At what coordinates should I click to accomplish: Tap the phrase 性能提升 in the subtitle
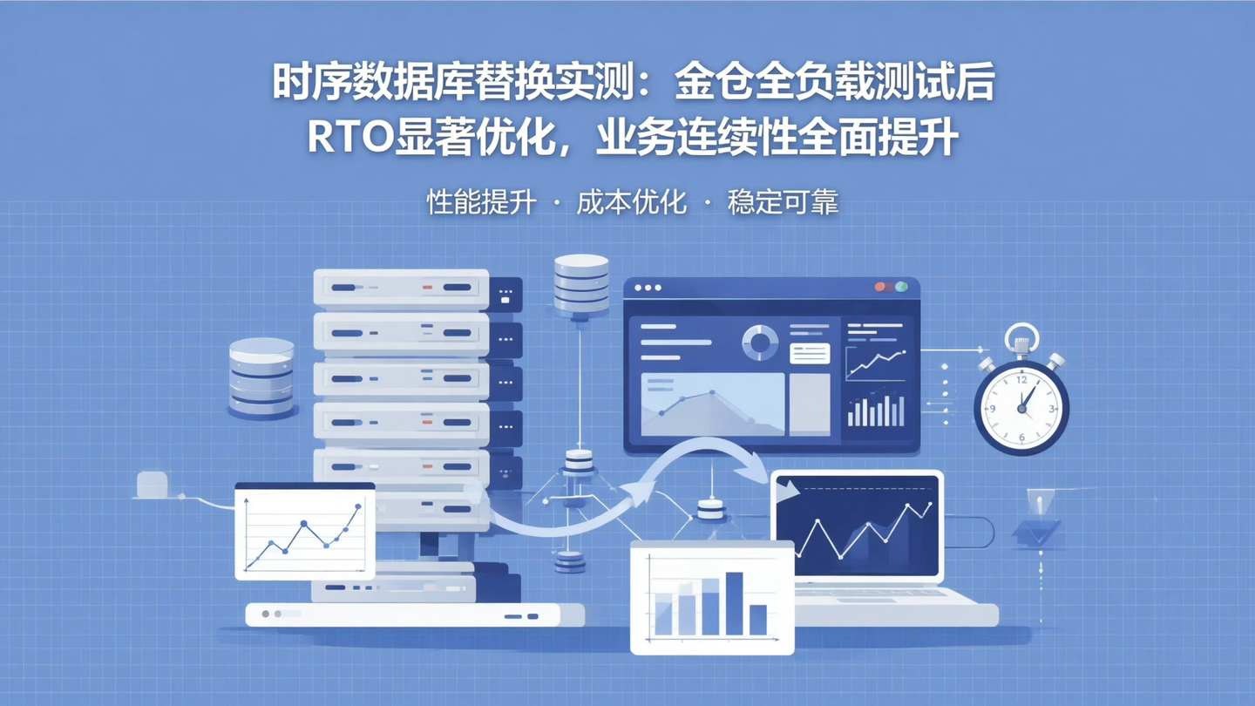(x=480, y=203)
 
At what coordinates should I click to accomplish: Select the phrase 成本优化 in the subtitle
(x=631, y=203)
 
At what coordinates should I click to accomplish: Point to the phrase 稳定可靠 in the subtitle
(x=783, y=203)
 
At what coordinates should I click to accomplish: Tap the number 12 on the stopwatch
(x=1021, y=381)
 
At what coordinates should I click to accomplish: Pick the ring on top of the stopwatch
(x=1021, y=336)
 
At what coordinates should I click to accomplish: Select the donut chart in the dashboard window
(x=760, y=343)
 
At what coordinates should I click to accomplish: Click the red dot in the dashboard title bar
(x=880, y=287)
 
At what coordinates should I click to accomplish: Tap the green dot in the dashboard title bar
(x=901, y=287)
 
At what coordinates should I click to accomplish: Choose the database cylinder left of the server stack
(x=261, y=377)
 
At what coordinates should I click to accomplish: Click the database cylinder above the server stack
(x=581, y=282)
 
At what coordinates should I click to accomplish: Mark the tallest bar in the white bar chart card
(x=734, y=603)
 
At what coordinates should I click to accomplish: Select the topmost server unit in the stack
(x=401, y=288)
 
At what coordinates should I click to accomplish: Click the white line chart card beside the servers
(x=304, y=532)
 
